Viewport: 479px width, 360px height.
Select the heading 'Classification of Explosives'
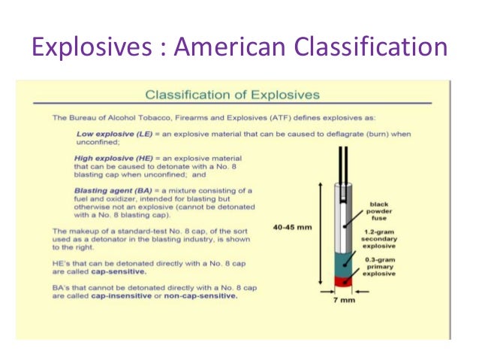point(232,95)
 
